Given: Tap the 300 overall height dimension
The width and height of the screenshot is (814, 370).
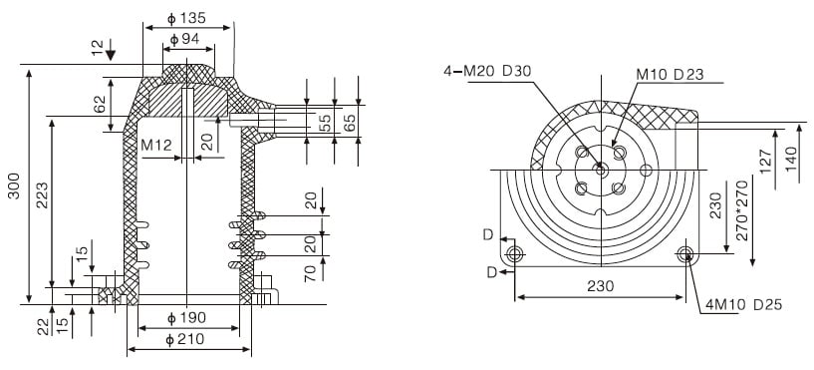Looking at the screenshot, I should (13, 186).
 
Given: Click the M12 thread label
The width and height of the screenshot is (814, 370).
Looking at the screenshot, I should (156, 145).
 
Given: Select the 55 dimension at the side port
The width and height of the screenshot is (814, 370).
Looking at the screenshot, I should (324, 123).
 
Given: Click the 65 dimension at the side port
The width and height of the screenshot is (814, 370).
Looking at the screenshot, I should (349, 123).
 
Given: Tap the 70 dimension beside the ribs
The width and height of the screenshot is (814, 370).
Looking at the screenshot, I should (311, 270).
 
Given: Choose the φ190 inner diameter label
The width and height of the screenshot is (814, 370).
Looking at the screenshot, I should (186, 318).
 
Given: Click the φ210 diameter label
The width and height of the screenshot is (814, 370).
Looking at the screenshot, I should (186, 341).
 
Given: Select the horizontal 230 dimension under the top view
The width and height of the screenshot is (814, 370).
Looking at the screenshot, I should (601, 285).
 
